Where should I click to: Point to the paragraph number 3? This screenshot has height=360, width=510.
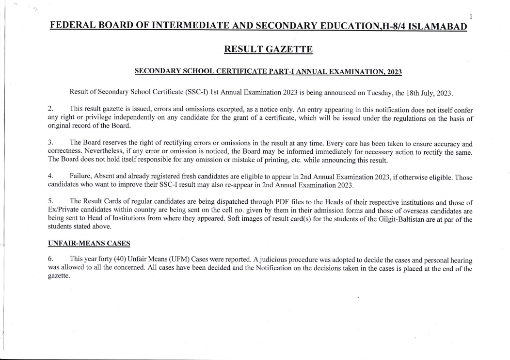51,144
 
